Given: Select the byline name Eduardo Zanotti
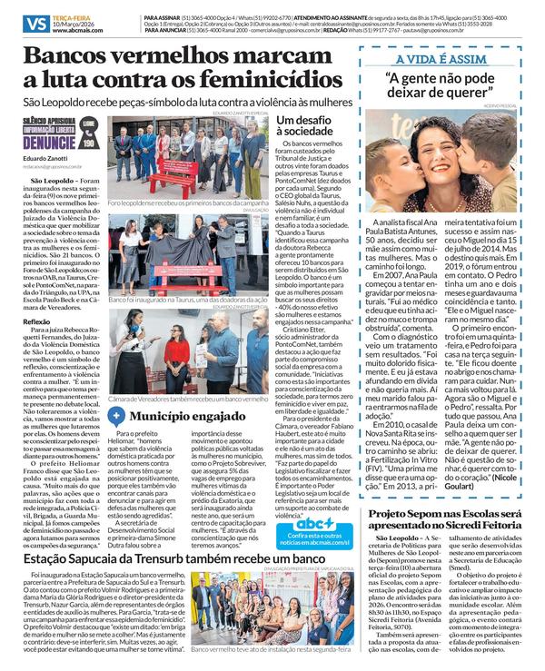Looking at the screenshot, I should [46, 159].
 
